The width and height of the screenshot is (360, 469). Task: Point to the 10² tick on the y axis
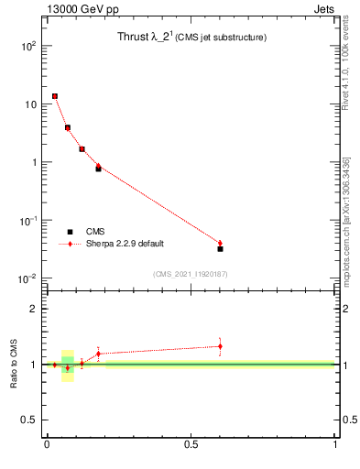pos(29,46)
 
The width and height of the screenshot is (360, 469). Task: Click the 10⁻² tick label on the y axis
pos(27,278)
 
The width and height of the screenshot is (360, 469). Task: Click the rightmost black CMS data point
pos(220,248)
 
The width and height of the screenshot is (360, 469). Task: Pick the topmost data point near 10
pos(55,95)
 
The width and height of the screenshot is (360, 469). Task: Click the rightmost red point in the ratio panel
pos(220,346)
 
